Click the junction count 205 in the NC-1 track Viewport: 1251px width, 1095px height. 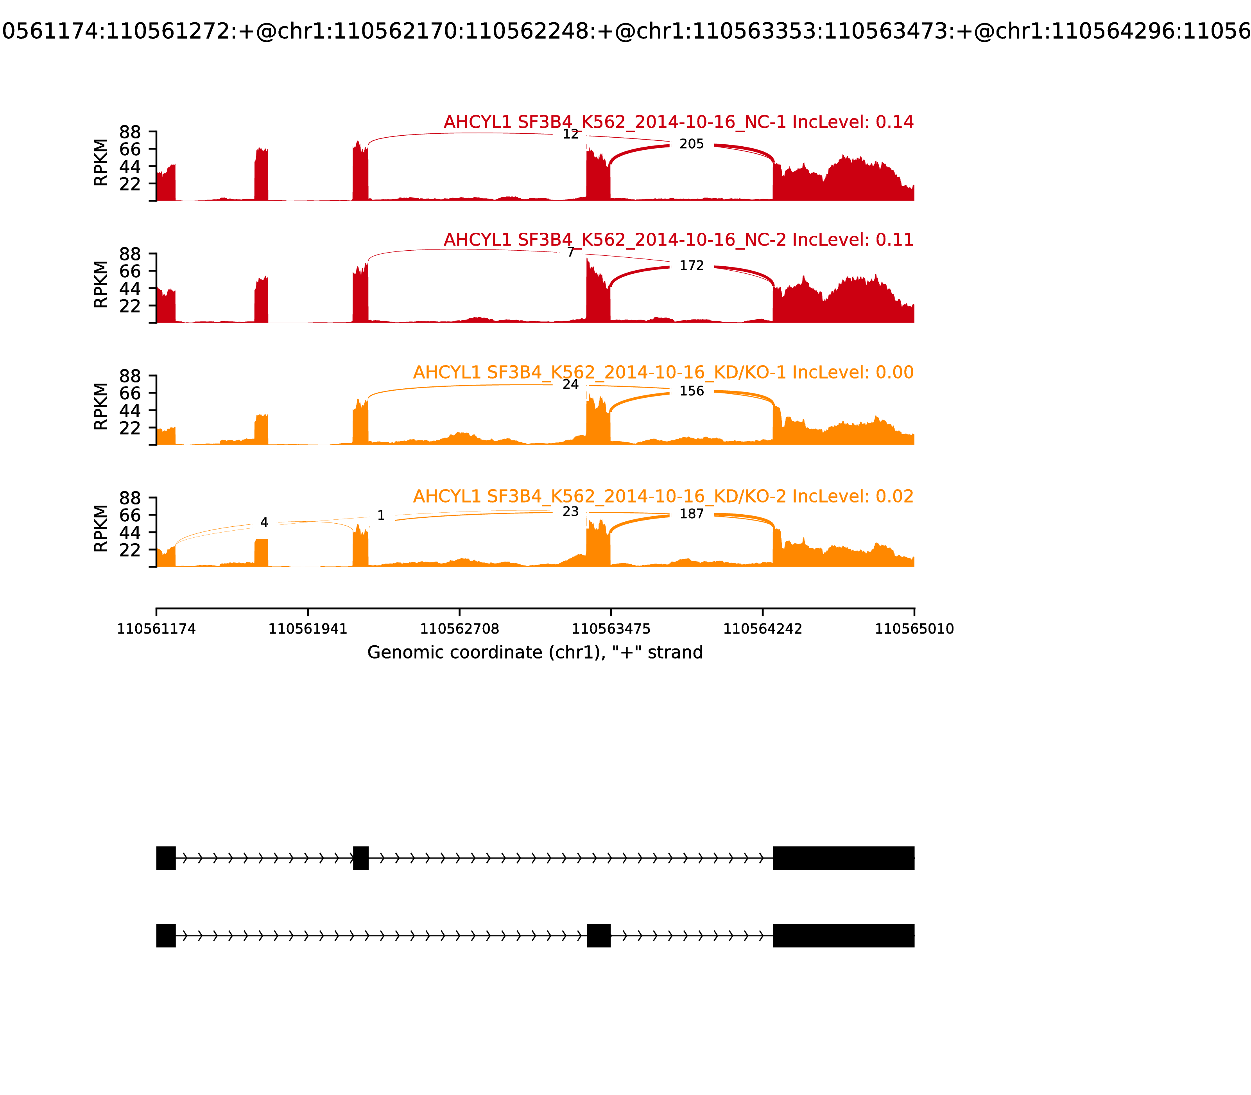tap(692, 144)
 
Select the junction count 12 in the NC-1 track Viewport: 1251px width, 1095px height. tap(570, 135)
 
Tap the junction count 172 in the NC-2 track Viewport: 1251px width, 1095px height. tap(692, 266)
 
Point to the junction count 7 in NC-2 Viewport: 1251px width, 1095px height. tap(570, 252)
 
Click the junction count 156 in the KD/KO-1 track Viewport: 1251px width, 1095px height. tap(692, 391)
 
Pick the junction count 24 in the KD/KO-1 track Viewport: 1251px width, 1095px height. tap(570, 385)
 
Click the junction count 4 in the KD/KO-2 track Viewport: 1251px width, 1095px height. tap(264, 522)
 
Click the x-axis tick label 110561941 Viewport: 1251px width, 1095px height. tap(308, 629)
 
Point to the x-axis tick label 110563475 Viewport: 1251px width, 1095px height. tap(611, 629)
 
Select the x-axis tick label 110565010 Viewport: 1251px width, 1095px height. tap(914, 629)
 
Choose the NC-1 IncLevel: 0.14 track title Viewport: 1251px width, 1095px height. tap(678, 122)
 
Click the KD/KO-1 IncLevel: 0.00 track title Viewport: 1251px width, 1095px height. tap(663, 372)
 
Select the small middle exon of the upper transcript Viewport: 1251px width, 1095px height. tap(360, 858)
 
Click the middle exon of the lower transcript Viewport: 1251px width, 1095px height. tap(599, 935)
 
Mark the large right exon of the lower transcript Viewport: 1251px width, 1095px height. tap(844, 935)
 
